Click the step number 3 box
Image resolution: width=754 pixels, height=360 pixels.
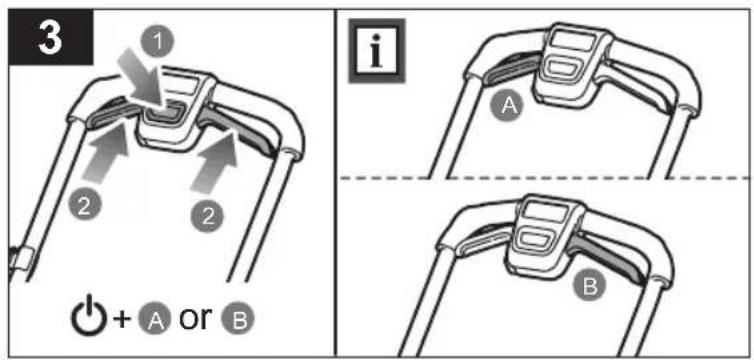coord(51,37)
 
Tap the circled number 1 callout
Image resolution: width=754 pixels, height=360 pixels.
coord(158,43)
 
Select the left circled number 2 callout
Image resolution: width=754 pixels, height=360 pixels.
coord(84,205)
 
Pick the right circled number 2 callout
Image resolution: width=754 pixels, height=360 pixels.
coord(207,217)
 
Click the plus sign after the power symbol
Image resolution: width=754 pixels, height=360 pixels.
coord(123,320)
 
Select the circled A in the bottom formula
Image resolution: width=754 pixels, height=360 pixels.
coord(155,321)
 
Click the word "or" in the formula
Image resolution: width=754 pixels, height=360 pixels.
coord(195,318)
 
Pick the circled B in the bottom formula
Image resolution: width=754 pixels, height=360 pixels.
coord(238,321)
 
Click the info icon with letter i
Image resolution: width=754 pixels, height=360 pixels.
coord(377,50)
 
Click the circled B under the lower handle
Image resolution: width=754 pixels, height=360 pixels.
coord(590,287)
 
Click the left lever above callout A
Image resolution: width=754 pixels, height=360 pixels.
coord(511,73)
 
